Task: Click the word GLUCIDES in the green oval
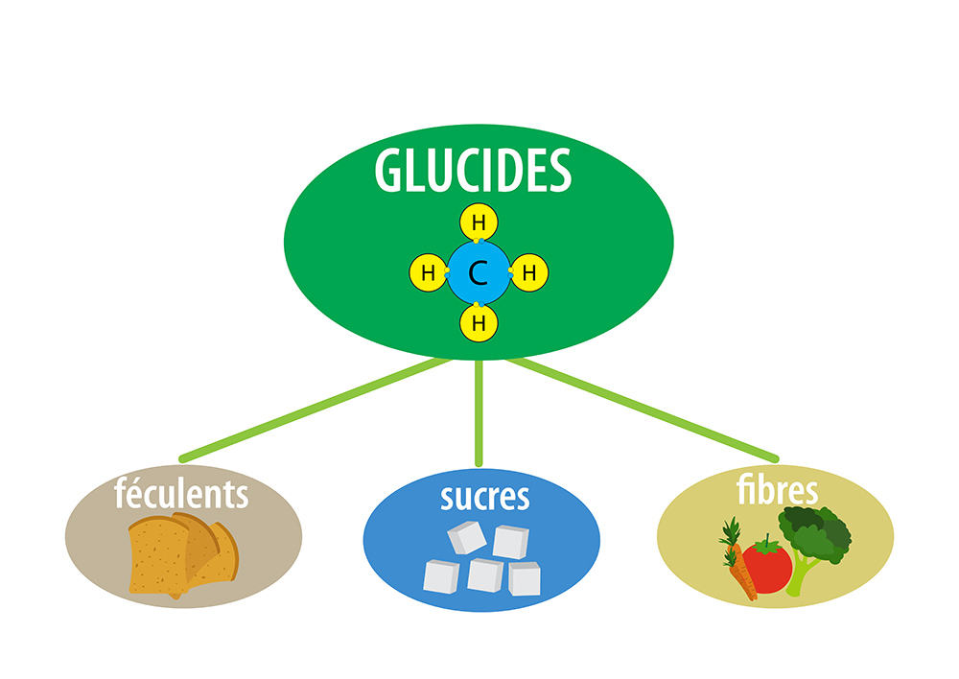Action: click(474, 171)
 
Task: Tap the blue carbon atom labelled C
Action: click(478, 274)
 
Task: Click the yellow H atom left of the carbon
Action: click(428, 274)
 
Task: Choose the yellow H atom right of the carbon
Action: click(528, 274)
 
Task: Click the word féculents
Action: click(181, 494)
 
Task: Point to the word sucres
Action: click(484, 497)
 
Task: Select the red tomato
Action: click(767, 567)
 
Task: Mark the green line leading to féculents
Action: click(316, 408)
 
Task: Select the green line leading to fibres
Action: click(643, 408)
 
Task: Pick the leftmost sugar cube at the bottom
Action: click(442, 575)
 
